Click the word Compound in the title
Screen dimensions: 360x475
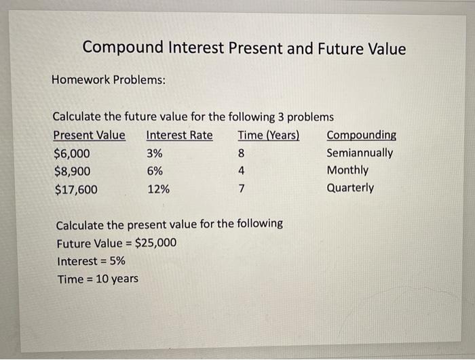pos(123,49)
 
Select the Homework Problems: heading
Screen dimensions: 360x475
pos(109,80)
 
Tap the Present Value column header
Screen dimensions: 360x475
pos(89,135)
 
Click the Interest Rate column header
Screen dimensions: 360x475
pos(179,135)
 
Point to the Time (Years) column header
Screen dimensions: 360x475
pos(269,135)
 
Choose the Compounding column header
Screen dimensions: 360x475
pos(362,135)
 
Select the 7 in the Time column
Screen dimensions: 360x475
pos(241,189)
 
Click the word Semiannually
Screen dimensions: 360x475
pos(360,153)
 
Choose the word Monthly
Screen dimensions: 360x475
pos(347,170)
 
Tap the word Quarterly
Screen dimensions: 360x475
pos(350,188)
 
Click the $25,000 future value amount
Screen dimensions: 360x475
pos(156,243)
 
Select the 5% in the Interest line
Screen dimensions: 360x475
pos(116,261)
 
